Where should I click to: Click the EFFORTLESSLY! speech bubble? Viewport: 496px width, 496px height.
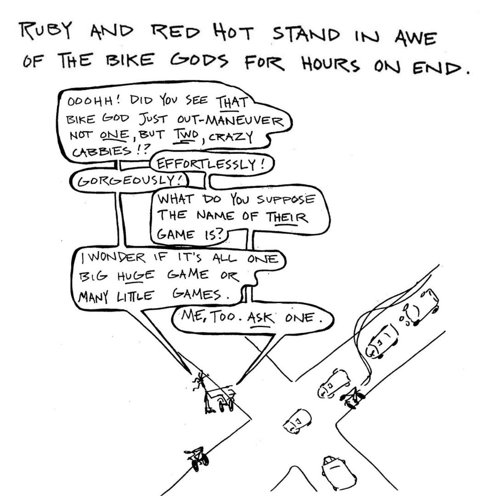[x=210, y=165]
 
